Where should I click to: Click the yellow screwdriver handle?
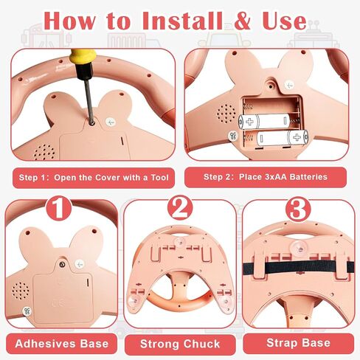tap(83, 59)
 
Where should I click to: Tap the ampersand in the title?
tap(243, 21)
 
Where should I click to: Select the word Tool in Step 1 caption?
tap(160, 178)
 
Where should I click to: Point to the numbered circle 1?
tap(59, 208)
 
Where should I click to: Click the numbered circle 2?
tap(180, 208)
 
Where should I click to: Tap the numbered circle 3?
tap(298, 210)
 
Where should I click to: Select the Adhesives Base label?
tap(62, 344)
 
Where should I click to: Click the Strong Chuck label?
tap(180, 344)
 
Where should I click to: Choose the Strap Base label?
tap(299, 342)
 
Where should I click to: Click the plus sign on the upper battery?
tap(249, 122)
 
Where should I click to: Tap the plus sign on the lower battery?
tap(297, 137)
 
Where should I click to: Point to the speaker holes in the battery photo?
tap(226, 114)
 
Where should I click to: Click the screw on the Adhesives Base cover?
tap(62, 264)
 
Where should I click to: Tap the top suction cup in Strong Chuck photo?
tap(181, 242)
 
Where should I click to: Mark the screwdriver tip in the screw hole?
tap(92, 122)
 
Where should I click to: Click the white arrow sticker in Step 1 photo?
tap(111, 122)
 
